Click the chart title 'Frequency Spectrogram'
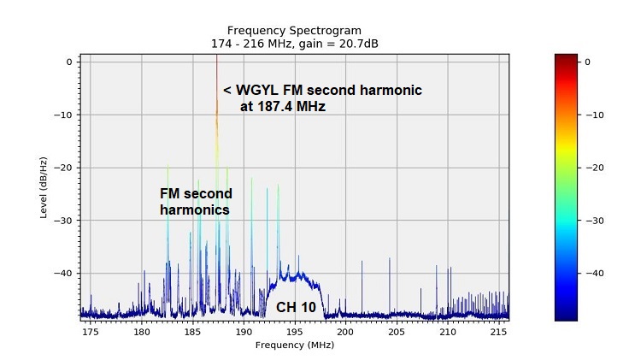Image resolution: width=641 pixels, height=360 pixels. click(x=294, y=30)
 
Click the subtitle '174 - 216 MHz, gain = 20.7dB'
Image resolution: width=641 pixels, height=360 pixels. click(x=294, y=43)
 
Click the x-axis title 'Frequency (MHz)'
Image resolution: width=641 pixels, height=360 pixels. click(x=294, y=345)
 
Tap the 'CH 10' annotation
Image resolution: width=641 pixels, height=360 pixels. click(x=296, y=306)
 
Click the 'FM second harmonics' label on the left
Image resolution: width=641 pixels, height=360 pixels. click(x=196, y=202)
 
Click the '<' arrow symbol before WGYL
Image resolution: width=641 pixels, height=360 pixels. click(x=227, y=91)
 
